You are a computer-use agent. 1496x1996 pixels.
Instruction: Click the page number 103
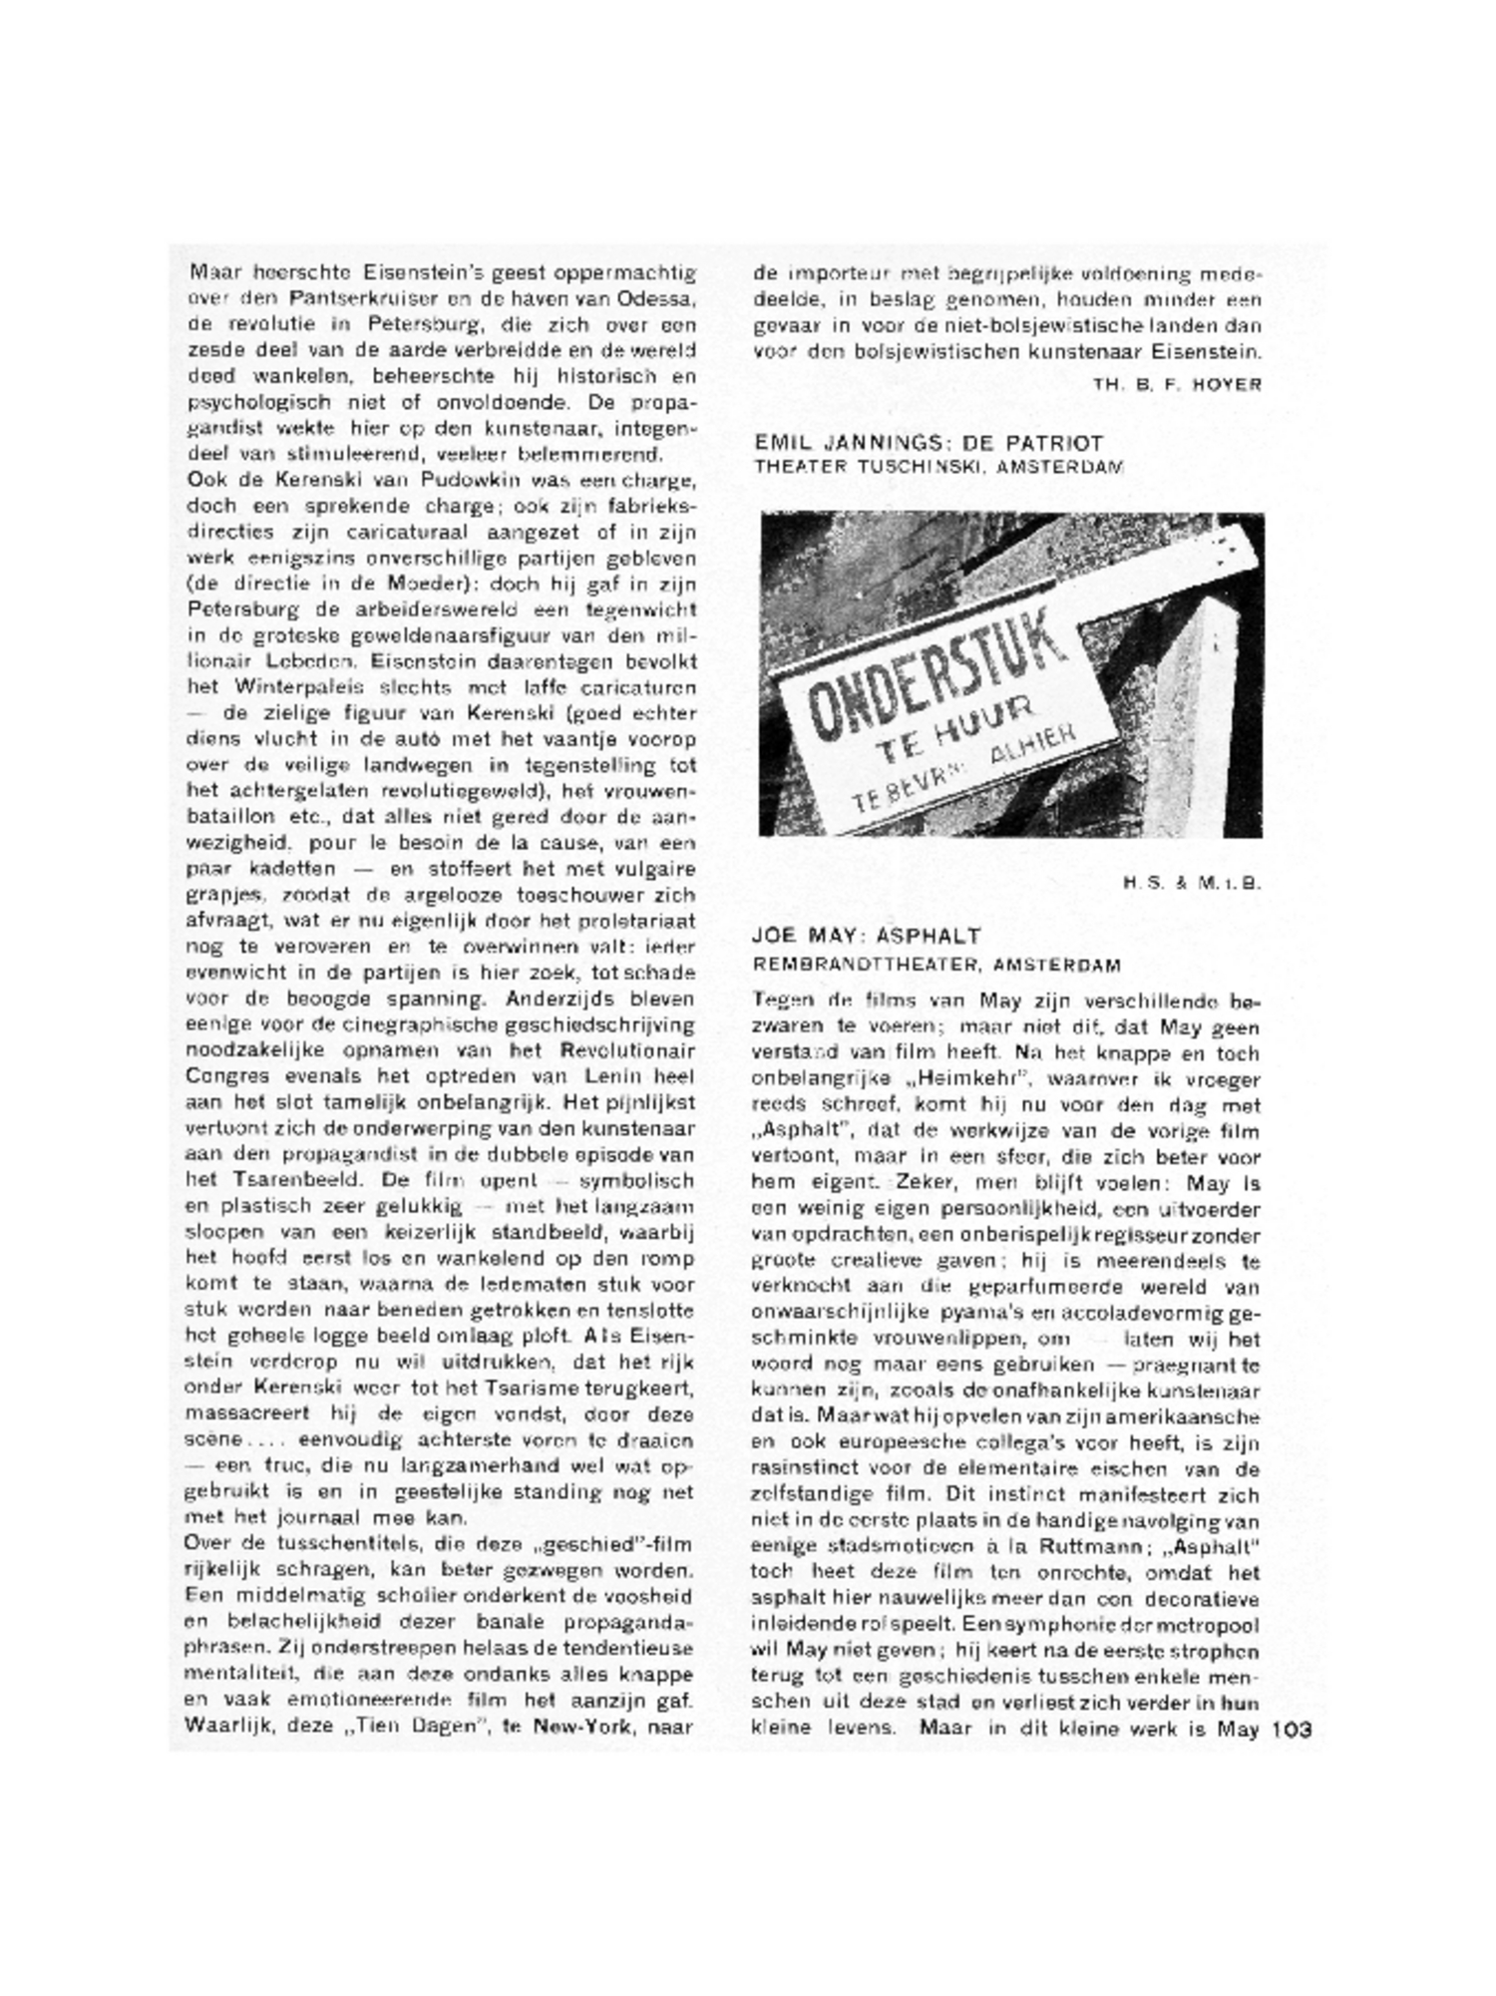1291,1730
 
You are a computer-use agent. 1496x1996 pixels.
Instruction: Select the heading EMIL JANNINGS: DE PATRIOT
929,443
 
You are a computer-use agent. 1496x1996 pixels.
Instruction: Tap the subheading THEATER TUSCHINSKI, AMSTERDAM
938,467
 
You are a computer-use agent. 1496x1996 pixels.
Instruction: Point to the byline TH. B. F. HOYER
1177,384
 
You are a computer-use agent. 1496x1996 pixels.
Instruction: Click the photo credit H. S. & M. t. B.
1193,882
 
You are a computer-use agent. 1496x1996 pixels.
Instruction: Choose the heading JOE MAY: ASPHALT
867,936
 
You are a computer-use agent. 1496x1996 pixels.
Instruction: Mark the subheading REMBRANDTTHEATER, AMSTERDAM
936,965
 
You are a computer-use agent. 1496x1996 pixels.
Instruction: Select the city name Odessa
656,298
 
